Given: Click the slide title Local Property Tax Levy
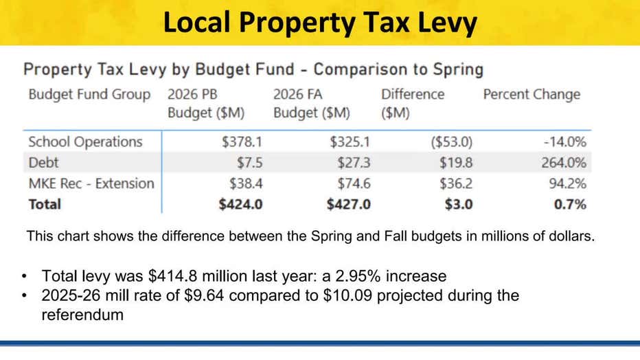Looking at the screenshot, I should coord(320,23).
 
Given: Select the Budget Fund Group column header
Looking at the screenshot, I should coord(89,95).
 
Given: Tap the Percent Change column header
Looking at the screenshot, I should coord(532,95).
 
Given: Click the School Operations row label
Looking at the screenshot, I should coord(85,142).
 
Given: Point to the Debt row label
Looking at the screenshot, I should coord(43,163).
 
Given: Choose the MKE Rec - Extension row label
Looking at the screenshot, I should coord(91,183).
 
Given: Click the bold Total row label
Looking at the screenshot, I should coord(45,204).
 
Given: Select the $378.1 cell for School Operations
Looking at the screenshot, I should coord(241,142).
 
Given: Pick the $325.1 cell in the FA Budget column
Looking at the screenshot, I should coord(350,142).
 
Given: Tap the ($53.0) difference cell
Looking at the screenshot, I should coord(451,142).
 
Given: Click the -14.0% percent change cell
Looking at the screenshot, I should coord(565,142).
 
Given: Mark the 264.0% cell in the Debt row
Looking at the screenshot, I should coord(564,163).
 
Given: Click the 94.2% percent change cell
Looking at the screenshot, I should coord(567,183).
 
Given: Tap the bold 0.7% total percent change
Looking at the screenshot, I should coord(570,204).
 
